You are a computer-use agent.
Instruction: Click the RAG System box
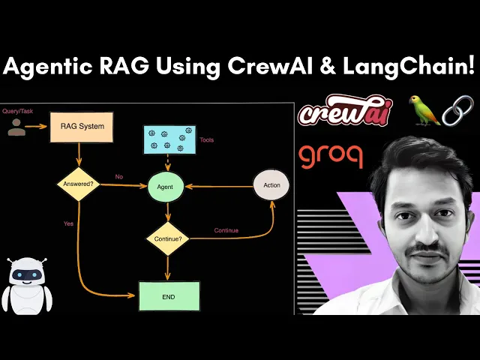(81, 127)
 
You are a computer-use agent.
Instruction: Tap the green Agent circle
(166, 185)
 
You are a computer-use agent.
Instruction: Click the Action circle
(271, 184)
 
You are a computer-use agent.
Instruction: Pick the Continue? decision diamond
(166, 238)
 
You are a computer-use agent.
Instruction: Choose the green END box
(169, 296)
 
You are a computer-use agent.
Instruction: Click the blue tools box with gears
(169, 139)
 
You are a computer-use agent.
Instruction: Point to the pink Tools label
(207, 139)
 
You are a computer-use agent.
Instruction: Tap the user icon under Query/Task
(16, 127)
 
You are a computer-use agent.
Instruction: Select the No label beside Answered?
(118, 177)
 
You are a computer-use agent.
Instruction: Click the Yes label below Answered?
(68, 223)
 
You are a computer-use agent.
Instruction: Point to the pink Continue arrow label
(226, 230)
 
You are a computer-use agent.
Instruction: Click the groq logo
(331, 156)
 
